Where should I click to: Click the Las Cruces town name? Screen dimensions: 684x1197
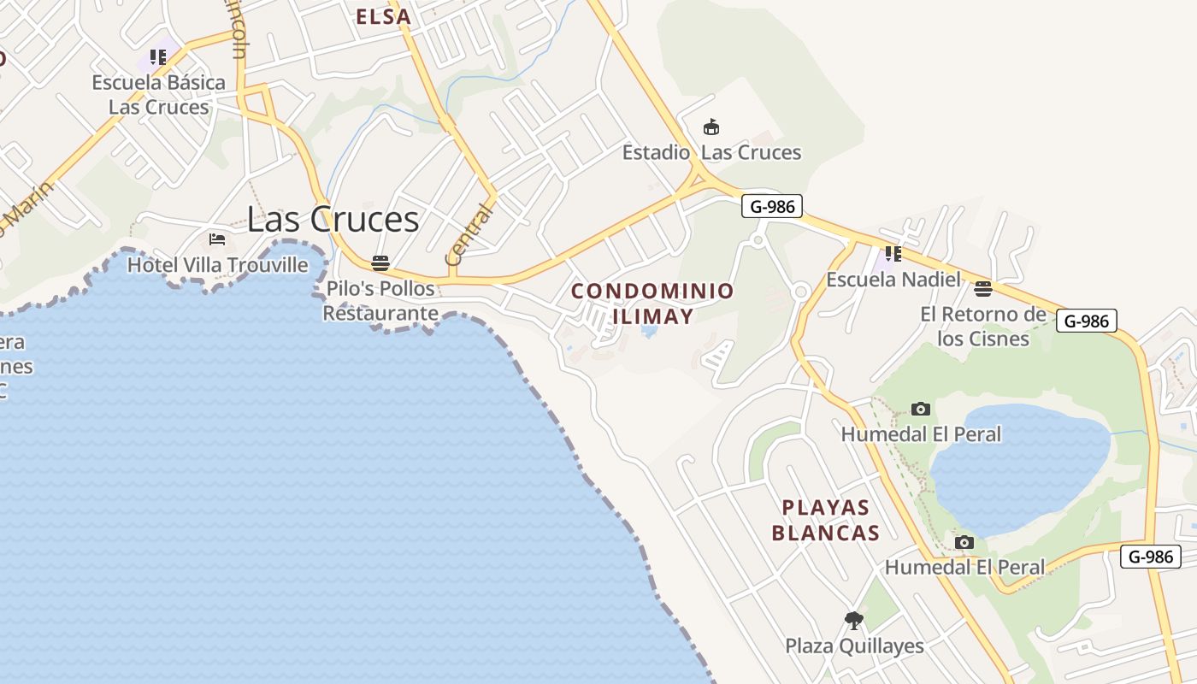333,220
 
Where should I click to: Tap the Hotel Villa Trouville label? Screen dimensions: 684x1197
217,265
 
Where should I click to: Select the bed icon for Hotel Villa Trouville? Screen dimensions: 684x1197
217,239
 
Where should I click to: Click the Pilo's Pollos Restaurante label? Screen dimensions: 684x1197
380,301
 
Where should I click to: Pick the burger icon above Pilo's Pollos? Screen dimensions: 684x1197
380,262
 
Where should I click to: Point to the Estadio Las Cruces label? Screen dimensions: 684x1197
711,153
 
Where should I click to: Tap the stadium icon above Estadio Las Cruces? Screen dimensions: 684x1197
711,127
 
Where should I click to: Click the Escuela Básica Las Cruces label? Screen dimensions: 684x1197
159,95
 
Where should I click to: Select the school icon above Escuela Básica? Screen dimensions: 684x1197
158,57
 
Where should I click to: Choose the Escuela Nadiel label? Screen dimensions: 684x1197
893,280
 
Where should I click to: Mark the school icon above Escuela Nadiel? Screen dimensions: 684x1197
893,253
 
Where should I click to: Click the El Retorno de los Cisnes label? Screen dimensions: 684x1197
983,326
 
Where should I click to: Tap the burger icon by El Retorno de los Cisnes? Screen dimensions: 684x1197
983,288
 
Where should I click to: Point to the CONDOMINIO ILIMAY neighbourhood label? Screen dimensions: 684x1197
652,304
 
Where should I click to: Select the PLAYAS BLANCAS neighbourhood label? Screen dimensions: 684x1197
826,520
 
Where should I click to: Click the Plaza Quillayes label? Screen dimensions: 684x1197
854,646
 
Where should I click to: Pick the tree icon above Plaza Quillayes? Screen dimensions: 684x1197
853,620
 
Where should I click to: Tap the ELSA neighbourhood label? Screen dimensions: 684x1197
383,16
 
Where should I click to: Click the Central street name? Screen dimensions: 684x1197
469,234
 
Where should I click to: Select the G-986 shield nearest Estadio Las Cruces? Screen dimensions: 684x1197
771,206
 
